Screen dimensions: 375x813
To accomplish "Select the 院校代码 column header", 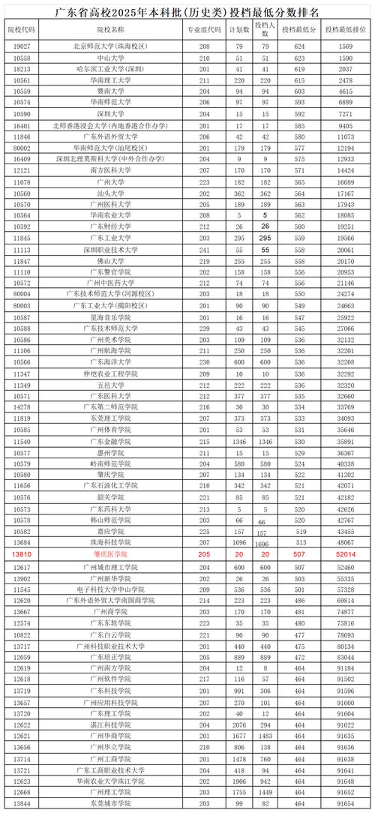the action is click(22, 29).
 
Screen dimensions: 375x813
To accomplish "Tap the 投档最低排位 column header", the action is click(345, 29).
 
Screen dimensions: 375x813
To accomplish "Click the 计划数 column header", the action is click(240, 29).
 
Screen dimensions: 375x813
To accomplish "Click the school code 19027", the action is click(22, 46).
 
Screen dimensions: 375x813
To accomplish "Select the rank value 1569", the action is click(345, 46).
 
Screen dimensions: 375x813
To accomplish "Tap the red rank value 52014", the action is click(345, 553).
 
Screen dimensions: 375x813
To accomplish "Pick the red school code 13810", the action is click(22, 553).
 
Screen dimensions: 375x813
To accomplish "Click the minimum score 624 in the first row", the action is click(300, 46).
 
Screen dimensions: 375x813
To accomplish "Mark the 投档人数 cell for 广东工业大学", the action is click(265, 237).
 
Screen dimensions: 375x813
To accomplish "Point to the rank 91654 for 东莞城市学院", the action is click(345, 803).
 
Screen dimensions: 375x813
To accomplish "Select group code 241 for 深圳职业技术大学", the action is click(205, 249).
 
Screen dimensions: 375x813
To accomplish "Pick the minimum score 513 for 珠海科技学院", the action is click(300, 542).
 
